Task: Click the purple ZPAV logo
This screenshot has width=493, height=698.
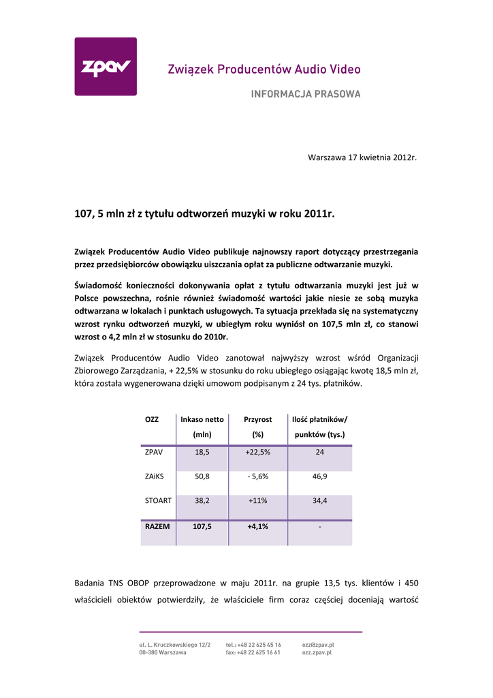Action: pyautogui.click(x=105, y=67)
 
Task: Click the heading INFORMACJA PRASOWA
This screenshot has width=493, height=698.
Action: pyautogui.click(x=306, y=95)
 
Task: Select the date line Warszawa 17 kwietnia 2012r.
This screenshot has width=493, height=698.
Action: pyautogui.click(x=362, y=157)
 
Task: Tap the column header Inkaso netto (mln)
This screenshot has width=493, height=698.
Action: pyautogui.click(x=202, y=427)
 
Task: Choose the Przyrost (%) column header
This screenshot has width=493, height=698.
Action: pyautogui.click(x=257, y=427)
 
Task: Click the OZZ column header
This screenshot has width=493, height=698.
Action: pyautogui.click(x=152, y=419)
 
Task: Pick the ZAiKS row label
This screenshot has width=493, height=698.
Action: pyautogui.click(x=155, y=476)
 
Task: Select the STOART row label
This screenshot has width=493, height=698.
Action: pyautogui.click(x=158, y=500)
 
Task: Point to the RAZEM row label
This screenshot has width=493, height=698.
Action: pyautogui.click(x=157, y=526)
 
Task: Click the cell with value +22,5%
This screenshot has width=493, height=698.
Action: pyautogui.click(x=257, y=452)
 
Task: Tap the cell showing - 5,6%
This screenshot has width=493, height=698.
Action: pyautogui.click(x=257, y=476)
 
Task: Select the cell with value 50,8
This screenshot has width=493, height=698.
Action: pyautogui.click(x=202, y=476)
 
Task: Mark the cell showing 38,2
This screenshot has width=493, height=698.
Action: pyautogui.click(x=202, y=500)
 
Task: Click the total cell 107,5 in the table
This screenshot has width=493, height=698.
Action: pyautogui.click(x=202, y=526)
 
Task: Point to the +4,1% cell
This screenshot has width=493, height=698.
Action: pyautogui.click(x=257, y=526)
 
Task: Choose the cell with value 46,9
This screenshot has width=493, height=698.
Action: pyautogui.click(x=319, y=476)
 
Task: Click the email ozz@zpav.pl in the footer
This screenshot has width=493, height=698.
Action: pyautogui.click(x=318, y=644)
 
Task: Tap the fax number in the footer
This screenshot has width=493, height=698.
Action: pyautogui.click(x=253, y=652)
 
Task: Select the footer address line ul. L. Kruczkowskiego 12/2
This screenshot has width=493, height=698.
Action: pyautogui.click(x=175, y=644)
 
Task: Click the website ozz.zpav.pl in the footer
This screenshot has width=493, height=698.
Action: pyautogui.click(x=317, y=652)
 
